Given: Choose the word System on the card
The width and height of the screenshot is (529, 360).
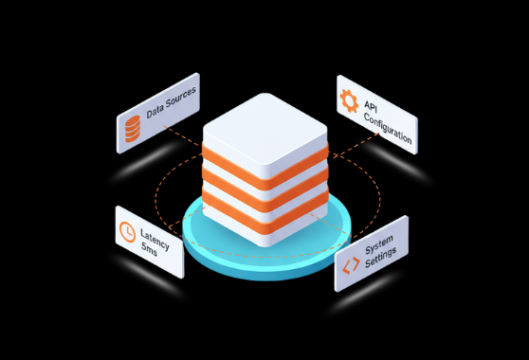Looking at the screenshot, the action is [379, 241].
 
